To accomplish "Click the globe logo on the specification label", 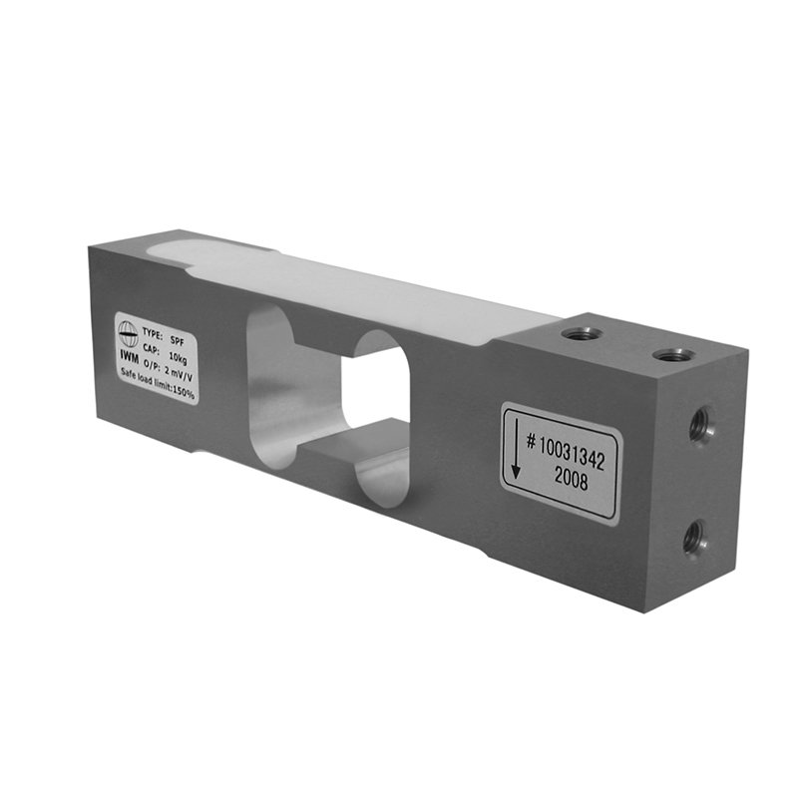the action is coord(128,334).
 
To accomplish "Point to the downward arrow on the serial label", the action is coord(515,446).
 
